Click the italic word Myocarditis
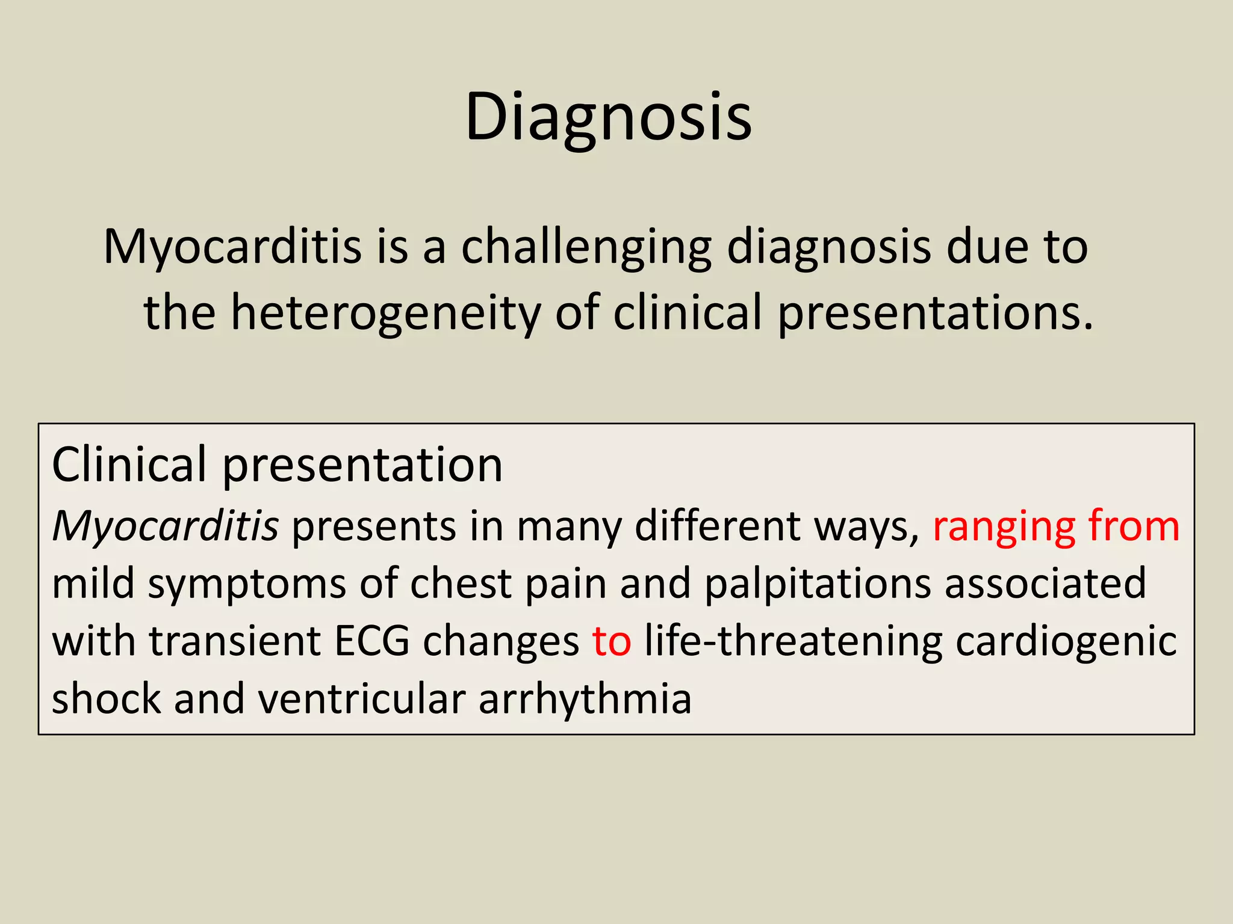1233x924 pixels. coord(165,526)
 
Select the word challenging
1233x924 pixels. coord(586,247)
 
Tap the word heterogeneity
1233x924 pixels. coord(385,313)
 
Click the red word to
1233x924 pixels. coord(611,641)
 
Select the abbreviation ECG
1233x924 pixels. coord(371,641)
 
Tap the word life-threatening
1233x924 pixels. coord(792,641)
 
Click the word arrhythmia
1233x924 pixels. coord(585,699)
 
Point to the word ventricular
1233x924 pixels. coord(361,699)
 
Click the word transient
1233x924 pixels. coord(235,641)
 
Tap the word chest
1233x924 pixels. coord(461,584)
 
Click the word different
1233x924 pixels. coord(717,526)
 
